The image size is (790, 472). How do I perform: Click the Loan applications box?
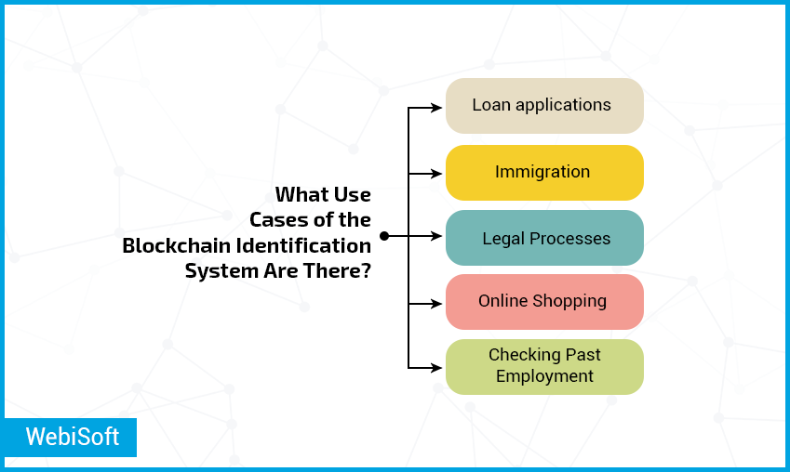pos(544,106)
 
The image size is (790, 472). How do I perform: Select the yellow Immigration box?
pos(544,173)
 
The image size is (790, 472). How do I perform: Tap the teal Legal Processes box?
pos(544,238)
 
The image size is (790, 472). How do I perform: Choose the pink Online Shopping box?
pos(544,302)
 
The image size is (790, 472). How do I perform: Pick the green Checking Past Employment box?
pos(544,367)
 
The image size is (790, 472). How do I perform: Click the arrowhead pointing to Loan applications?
pos(436,108)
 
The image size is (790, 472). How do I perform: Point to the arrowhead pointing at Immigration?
pos(436,174)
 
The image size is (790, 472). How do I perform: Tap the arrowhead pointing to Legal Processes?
pos(436,236)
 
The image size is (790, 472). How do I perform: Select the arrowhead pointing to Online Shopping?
pos(436,304)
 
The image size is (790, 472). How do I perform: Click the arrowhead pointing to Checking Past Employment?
pos(436,368)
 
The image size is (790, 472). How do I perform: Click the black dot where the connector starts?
pos(384,236)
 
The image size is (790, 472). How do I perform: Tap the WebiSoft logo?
pos(71,437)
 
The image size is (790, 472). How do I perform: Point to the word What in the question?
pos(299,194)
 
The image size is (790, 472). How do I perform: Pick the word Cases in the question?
pos(276,220)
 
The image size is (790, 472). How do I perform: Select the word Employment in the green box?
pos(544,376)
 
